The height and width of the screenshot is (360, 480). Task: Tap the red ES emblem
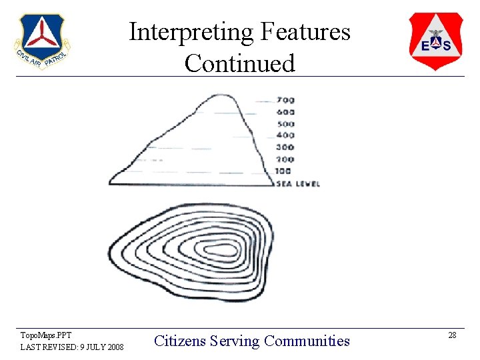(x=435, y=41)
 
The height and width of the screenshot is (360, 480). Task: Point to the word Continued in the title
(x=239, y=63)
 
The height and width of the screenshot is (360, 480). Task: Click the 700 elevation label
(x=285, y=100)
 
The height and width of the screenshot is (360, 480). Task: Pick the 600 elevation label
(x=285, y=112)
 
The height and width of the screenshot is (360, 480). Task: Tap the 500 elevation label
(x=285, y=123)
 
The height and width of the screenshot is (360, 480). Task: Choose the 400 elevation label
(x=285, y=135)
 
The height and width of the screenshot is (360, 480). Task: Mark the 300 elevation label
(x=285, y=147)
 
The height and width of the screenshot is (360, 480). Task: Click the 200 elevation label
(x=285, y=160)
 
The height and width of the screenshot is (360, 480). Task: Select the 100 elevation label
(x=284, y=171)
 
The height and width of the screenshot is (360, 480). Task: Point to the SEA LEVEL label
(x=298, y=183)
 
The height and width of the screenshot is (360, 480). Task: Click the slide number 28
(x=452, y=335)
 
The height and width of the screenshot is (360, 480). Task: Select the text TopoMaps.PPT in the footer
(x=46, y=335)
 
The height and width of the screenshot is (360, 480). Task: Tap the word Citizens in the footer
(x=179, y=341)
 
